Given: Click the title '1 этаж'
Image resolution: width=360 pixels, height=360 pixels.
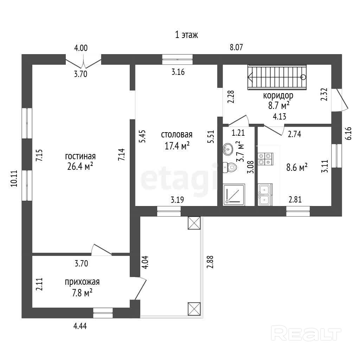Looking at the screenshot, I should click(x=186, y=35).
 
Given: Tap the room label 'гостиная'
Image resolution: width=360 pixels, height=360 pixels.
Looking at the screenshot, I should click(x=81, y=156).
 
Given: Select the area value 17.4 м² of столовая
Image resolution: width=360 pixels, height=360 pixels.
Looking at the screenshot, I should click(x=177, y=146).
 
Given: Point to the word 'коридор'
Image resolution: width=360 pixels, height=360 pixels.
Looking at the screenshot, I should click(x=278, y=95).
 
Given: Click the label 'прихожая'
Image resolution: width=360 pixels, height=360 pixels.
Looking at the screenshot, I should click(x=82, y=282).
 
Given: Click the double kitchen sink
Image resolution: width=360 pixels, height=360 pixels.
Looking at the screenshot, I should click(x=264, y=195).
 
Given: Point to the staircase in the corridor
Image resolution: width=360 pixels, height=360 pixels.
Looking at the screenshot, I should click(x=277, y=77).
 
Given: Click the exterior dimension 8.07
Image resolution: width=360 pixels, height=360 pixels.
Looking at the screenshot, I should click(x=236, y=47).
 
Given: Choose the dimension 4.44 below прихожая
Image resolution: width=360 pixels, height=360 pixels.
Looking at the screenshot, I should click(x=80, y=326).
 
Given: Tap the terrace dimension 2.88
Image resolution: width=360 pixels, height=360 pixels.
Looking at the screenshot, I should click(x=210, y=262).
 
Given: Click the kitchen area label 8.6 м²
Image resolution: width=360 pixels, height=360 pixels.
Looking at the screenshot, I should click(x=297, y=167).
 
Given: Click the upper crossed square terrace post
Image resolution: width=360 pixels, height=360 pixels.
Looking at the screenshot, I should click(x=194, y=223).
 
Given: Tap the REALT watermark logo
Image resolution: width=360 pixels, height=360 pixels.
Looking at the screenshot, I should click(x=307, y=332).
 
